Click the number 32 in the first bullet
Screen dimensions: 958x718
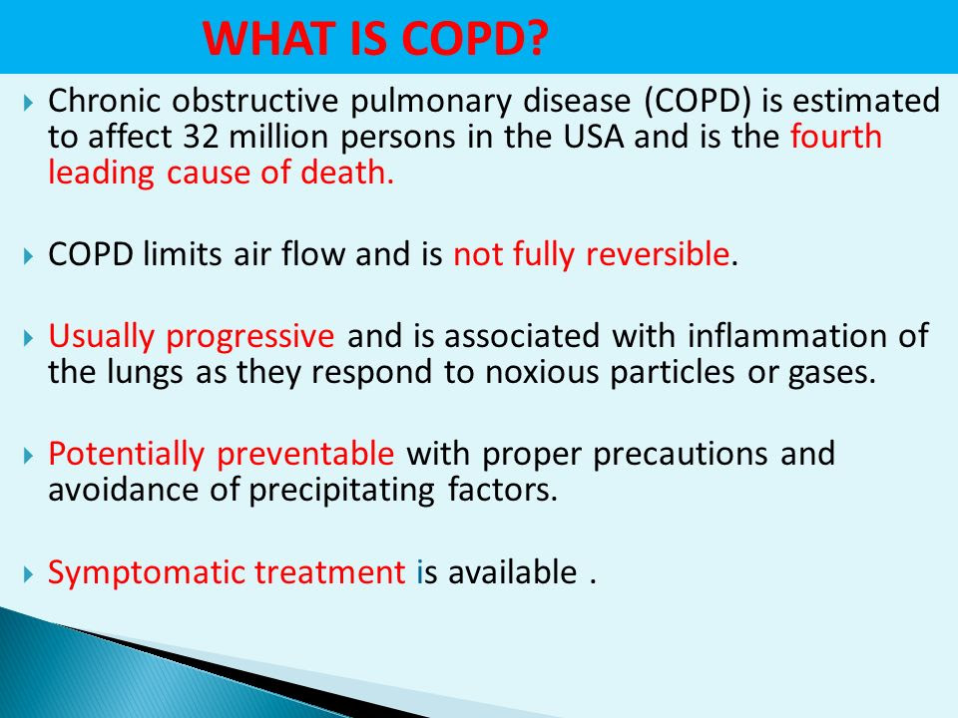[x=201, y=137]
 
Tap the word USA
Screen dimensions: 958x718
[x=593, y=137]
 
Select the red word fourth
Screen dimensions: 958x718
[x=836, y=136]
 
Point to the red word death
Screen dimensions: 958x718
[x=347, y=173]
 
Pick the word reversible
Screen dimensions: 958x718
[x=658, y=253]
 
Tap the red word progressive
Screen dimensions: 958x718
[x=249, y=337]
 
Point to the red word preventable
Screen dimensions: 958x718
[x=305, y=454]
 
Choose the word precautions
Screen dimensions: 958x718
[x=680, y=455]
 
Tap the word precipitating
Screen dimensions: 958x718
[x=341, y=491]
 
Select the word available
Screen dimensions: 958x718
[x=513, y=572]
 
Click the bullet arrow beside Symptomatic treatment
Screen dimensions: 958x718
[x=28, y=574]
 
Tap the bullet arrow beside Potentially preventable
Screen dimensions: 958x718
[x=28, y=456]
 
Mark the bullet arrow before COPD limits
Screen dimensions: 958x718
[x=28, y=256]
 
